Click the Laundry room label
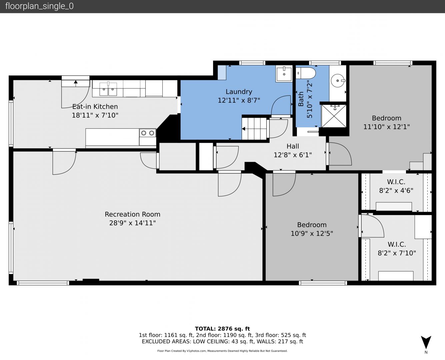coord(239,92)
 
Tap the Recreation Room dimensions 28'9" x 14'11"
coord(132,223)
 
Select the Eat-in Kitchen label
coord(95,107)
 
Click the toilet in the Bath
coord(305,73)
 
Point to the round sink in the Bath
coord(338,81)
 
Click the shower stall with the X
coord(334,116)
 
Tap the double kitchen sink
coord(108,89)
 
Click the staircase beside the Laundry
coord(254,128)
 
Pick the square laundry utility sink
coord(284,73)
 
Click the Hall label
coord(293,146)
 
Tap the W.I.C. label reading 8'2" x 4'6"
coord(396,186)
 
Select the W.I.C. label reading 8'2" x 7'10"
coord(397,249)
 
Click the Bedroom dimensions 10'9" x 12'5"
coord(312,233)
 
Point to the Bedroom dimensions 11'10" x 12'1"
coord(387,127)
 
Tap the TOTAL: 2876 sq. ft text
coord(222,329)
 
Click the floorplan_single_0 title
coord(39,6)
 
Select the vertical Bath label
coord(301,99)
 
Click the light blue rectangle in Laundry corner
coord(222,73)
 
